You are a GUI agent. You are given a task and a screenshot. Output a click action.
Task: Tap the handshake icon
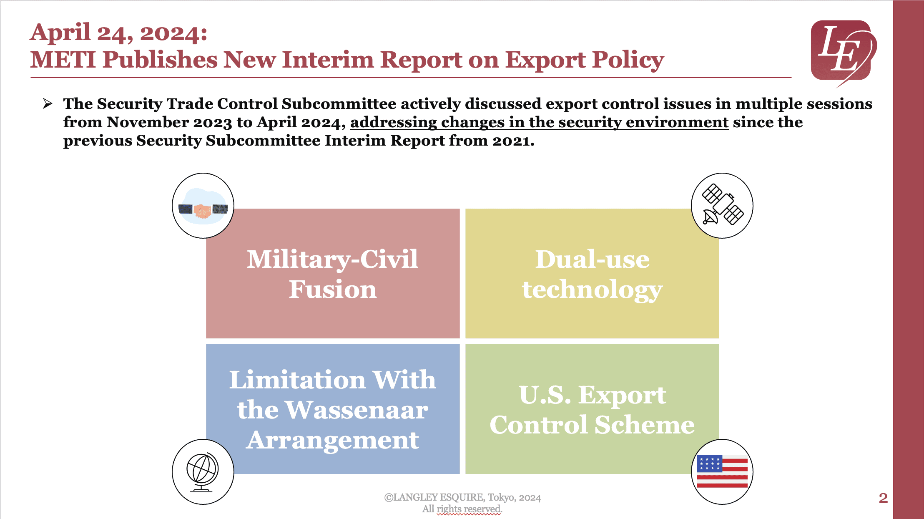(203, 206)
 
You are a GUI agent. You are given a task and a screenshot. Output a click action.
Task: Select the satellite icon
(722, 205)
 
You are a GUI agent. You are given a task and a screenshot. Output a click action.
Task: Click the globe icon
(203, 472)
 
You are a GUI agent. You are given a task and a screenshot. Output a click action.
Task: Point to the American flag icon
(722, 471)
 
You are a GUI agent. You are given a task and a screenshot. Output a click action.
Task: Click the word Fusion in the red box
(333, 290)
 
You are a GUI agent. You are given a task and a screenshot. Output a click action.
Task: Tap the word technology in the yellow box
(592, 290)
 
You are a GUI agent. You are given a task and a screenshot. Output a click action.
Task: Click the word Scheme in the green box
(644, 425)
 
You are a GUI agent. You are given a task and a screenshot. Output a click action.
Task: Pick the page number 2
(883, 498)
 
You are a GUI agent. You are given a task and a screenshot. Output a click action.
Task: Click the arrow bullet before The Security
(48, 103)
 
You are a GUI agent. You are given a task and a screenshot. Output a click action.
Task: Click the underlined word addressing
(393, 122)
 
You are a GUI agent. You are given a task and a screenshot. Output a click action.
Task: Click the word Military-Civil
(332, 259)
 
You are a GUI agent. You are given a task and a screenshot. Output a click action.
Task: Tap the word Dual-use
(592, 259)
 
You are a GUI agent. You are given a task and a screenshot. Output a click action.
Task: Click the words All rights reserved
(462, 509)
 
